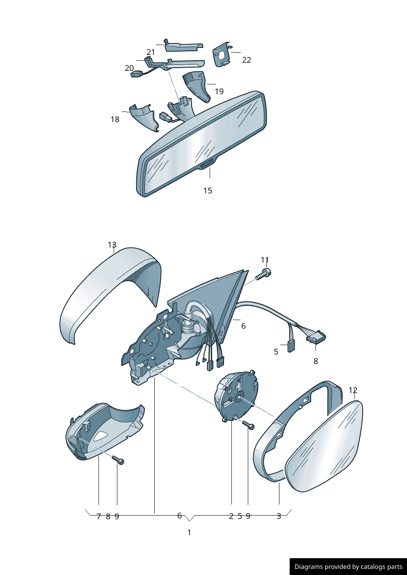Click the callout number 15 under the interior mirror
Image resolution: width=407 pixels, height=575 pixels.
click(x=208, y=191)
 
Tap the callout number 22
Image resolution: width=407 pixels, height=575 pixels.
click(x=246, y=60)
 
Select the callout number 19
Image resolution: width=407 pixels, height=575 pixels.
click(x=219, y=91)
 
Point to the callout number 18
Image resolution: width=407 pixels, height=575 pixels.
click(x=115, y=119)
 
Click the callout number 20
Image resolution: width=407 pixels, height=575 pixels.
click(x=129, y=68)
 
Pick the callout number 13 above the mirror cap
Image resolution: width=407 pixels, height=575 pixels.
click(x=112, y=245)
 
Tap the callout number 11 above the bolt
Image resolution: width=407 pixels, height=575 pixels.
click(x=265, y=260)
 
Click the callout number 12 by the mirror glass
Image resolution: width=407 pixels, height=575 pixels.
click(x=353, y=391)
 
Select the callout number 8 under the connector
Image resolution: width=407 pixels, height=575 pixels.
click(x=316, y=361)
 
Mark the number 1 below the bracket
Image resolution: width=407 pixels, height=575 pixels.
click(x=189, y=532)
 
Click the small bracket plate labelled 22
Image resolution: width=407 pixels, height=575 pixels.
click(x=221, y=55)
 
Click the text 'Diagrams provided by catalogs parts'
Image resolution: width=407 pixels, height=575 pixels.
click(x=348, y=567)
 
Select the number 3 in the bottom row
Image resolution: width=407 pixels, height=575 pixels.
click(x=279, y=516)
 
